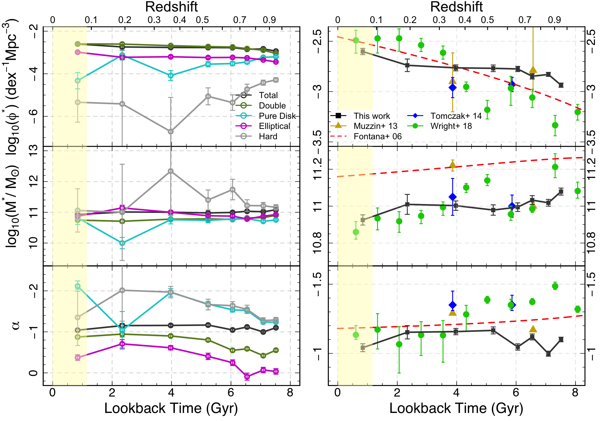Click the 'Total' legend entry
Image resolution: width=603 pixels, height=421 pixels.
point(268,95)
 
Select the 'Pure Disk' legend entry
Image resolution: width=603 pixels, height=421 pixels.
point(277,116)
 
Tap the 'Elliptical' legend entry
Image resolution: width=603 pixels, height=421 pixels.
point(274,126)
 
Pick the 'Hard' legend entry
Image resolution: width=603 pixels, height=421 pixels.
point(268,136)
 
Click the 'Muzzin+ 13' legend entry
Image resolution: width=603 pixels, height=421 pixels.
point(375,126)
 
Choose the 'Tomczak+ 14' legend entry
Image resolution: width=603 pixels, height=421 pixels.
point(456,116)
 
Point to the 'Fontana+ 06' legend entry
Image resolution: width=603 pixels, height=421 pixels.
point(377,136)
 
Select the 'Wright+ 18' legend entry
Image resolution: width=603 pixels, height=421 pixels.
point(451,126)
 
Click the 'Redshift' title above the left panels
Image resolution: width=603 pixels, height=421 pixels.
point(171,7)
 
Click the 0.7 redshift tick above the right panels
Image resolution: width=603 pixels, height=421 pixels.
point(525,20)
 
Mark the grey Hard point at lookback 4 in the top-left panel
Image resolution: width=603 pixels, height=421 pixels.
point(171,132)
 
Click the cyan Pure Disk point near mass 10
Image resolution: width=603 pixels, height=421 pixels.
point(122,243)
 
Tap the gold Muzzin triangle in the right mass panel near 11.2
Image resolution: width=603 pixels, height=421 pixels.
point(453,165)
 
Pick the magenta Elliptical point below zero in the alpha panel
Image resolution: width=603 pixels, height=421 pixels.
point(247,376)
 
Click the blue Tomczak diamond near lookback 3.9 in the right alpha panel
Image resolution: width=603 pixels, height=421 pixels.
point(453,305)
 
